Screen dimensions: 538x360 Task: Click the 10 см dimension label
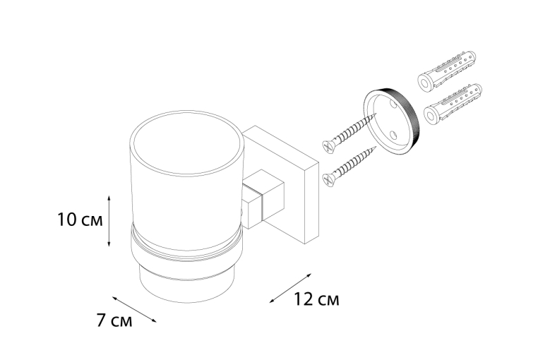coord(80,220)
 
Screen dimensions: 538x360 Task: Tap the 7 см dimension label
coord(114,321)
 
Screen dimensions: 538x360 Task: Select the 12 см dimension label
coord(316,299)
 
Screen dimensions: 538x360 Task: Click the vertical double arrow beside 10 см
coord(109,221)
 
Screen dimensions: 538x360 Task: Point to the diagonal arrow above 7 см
coord(134,309)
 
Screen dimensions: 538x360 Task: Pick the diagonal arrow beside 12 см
coord(290,288)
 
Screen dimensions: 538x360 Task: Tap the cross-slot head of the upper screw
coord(328,147)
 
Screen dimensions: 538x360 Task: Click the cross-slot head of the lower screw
coord(328,180)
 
